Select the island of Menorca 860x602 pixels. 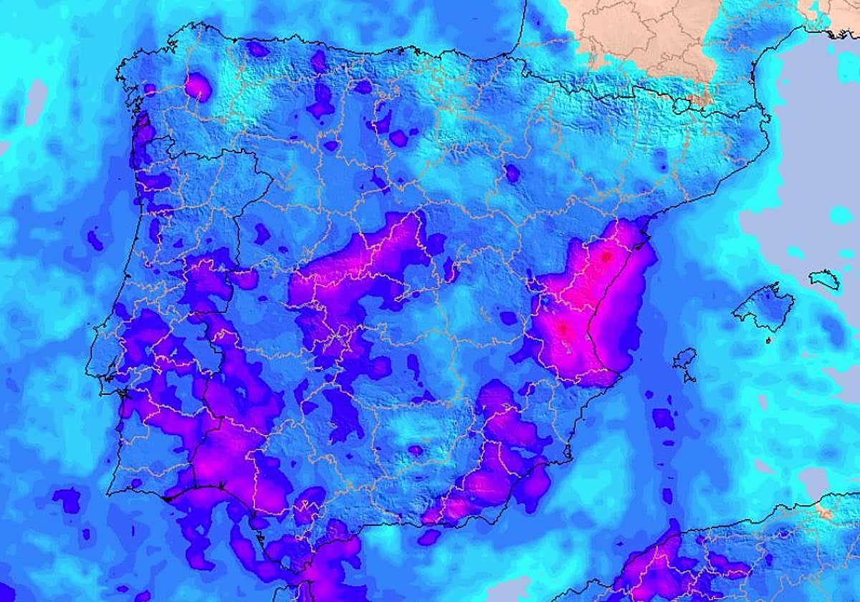click(825, 279)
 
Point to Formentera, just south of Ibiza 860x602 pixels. click(689, 377)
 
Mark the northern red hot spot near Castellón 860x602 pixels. click(606, 256)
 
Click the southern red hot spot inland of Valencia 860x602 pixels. click(563, 330)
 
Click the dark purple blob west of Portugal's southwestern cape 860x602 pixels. click(68, 498)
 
